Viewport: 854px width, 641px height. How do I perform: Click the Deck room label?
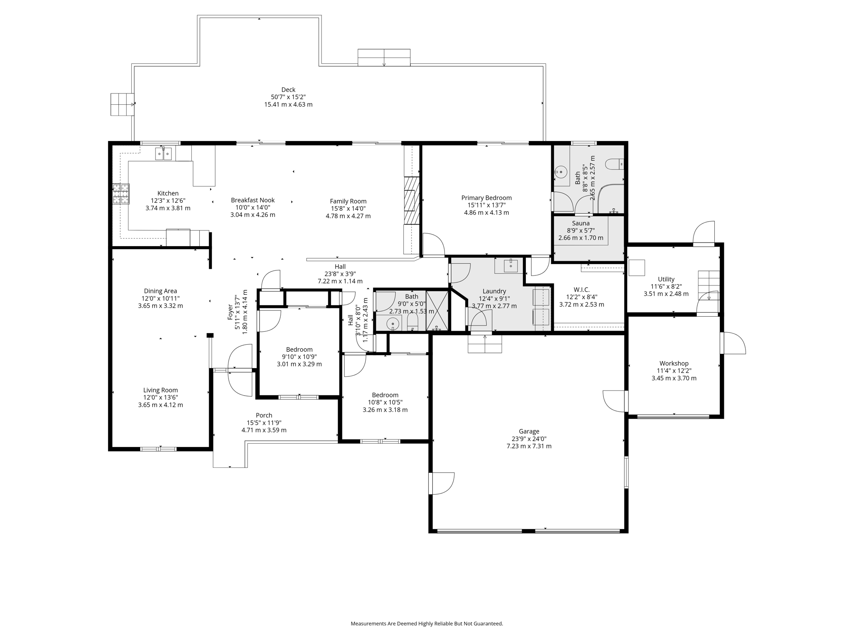[288, 90]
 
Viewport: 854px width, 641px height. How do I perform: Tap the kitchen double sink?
[163, 154]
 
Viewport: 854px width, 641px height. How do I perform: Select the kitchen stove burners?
[121, 194]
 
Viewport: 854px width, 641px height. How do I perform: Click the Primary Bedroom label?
[486, 198]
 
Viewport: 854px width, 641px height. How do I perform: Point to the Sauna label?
[580, 223]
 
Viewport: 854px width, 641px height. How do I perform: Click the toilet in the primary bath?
[614, 164]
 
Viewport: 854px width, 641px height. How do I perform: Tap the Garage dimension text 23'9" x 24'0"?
[529, 439]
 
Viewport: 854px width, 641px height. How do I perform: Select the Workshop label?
[674, 363]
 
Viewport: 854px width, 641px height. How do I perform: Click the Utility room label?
[666, 279]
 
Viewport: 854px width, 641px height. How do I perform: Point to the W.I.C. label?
[581, 290]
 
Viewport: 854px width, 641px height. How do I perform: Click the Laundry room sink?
[510, 265]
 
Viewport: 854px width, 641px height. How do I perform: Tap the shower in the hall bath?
[437, 311]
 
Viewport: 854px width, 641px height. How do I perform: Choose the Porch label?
[264, 415]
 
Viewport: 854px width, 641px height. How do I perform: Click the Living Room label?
[161, 390]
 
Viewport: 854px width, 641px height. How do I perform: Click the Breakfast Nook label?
[253, 200]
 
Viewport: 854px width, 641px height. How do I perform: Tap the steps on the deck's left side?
[122, 104]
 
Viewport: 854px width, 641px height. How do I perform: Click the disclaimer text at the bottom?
[427, 623]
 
